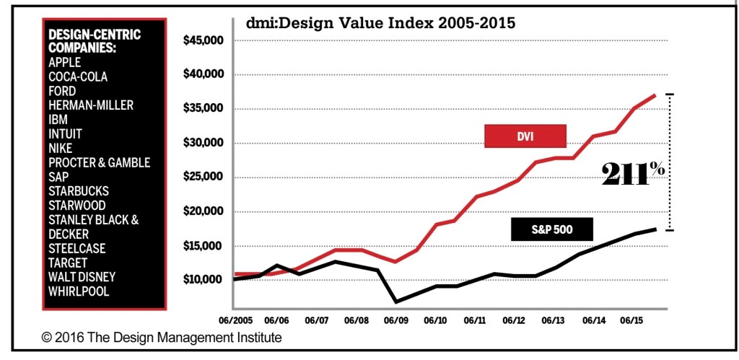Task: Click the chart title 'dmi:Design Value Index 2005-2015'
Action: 380,22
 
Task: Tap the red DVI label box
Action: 525,136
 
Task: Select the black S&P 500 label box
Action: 551,229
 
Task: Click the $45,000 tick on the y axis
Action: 205,40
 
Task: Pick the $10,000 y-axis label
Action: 205,280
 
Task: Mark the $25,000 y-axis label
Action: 205,177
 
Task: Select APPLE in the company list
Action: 64,63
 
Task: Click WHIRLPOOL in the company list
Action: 79,291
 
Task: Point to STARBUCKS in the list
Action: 79,191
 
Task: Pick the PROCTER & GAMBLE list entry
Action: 99,162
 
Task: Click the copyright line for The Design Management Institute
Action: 161,338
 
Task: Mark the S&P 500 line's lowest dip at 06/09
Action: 395,301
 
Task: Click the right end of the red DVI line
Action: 655,95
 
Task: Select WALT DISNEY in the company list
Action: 82,276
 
